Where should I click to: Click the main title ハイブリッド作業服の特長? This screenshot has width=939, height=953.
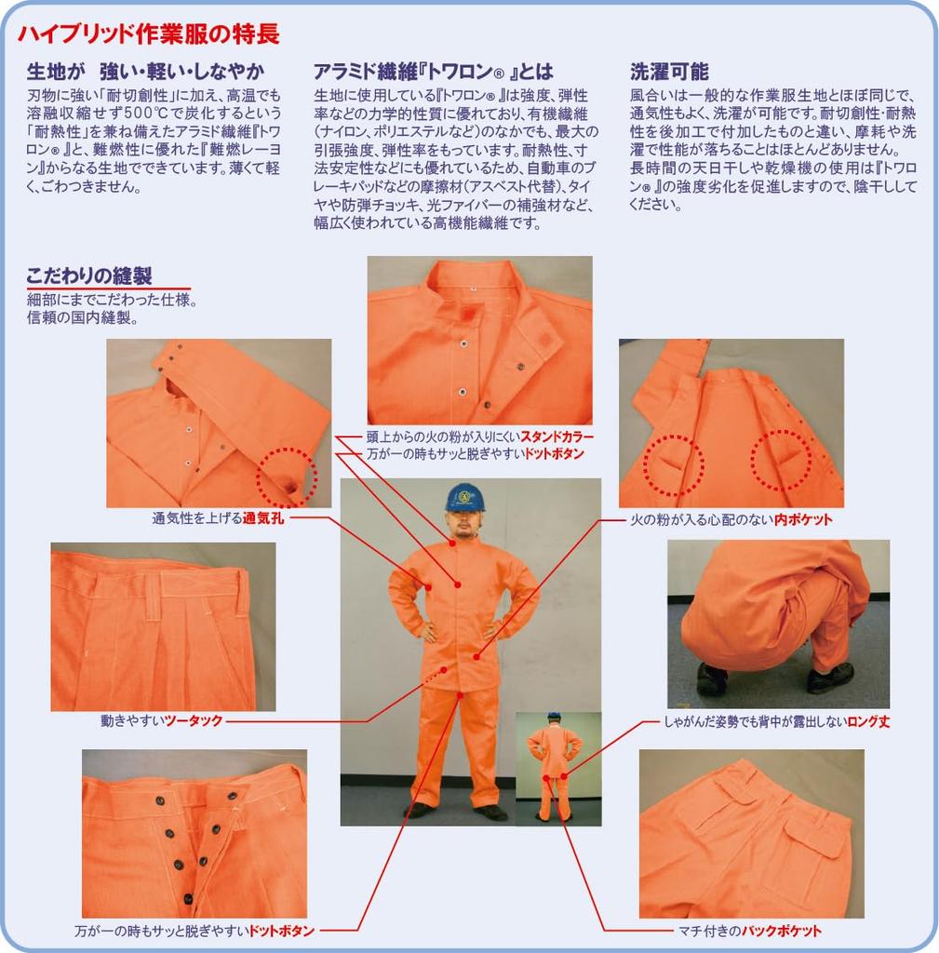(x=149, y=34)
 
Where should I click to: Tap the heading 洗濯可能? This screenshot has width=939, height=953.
(x=669, y=73)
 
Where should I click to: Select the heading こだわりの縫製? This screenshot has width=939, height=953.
(x=88, y=275)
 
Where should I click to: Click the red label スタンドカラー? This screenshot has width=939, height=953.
(x=557, y=436)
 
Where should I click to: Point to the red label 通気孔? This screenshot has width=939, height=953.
(x=263, y=518)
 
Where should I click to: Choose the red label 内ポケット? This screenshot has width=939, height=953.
(x=803, y=519)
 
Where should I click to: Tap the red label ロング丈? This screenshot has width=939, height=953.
(x=868, y=721)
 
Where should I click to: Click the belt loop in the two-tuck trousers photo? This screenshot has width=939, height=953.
(x=154, y=590)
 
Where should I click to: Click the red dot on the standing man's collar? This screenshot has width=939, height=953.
(x=453, y=543)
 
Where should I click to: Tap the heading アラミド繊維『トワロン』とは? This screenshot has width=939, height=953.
(x=434, y=73)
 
